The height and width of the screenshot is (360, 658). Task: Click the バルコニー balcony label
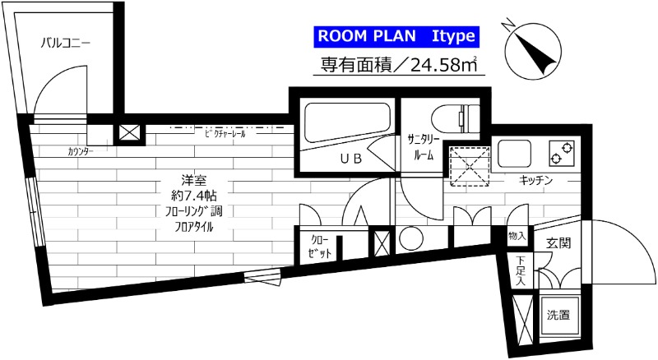(66, 44)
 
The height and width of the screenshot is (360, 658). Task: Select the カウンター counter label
(81, 152)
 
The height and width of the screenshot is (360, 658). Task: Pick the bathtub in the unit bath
(346, 122)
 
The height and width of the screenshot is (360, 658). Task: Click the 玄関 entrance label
(558, 244)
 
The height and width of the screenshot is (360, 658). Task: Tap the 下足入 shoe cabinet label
(521, 272)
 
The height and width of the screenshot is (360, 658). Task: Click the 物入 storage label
(517, 236)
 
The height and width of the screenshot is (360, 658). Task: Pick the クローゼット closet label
(320, 246)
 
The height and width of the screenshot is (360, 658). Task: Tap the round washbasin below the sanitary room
(410, 239)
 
